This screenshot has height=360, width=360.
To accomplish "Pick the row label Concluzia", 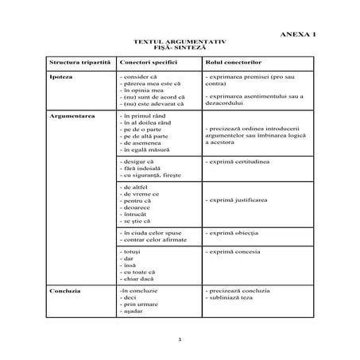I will tap(65, 292).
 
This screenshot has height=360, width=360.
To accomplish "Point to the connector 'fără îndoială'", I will tap(141, 168).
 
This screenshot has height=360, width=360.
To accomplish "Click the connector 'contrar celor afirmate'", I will tap(154, 238).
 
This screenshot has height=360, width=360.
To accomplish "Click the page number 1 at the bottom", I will tap(180, 340).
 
